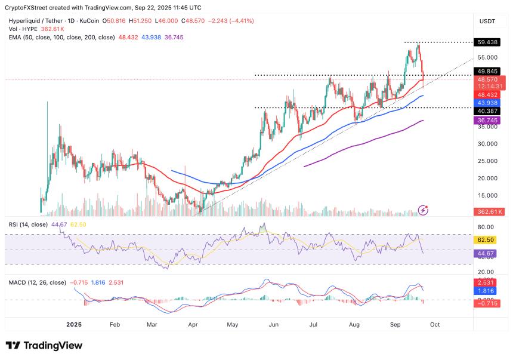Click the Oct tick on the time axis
tap(435, 324)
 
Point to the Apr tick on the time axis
tap(193, 324)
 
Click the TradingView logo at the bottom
tap(44, 345)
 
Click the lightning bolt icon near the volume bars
tap(424, 210)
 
